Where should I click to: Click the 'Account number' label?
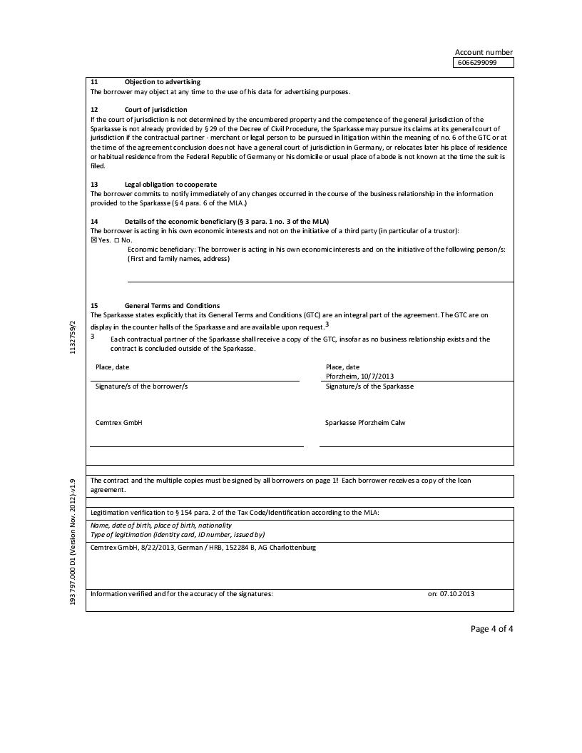(484, 52)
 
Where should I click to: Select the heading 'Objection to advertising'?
(163, 82)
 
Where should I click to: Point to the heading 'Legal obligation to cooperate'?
(170, 185)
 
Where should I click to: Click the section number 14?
(94, 222)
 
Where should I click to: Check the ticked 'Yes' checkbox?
(93, 240)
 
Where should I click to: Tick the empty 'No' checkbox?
(117, 240)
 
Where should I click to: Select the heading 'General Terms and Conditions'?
(172, 306)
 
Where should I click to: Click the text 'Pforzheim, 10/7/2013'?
(359, 376)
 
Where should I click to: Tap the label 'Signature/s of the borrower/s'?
(141, 386)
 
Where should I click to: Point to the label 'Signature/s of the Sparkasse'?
(369, 386)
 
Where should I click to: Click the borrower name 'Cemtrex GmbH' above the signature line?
(119, 423)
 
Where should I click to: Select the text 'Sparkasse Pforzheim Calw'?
(366, 423)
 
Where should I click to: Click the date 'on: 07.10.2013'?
(451, 593)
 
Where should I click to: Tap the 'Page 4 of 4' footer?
(491, 628)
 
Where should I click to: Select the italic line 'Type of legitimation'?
(178, 534)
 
